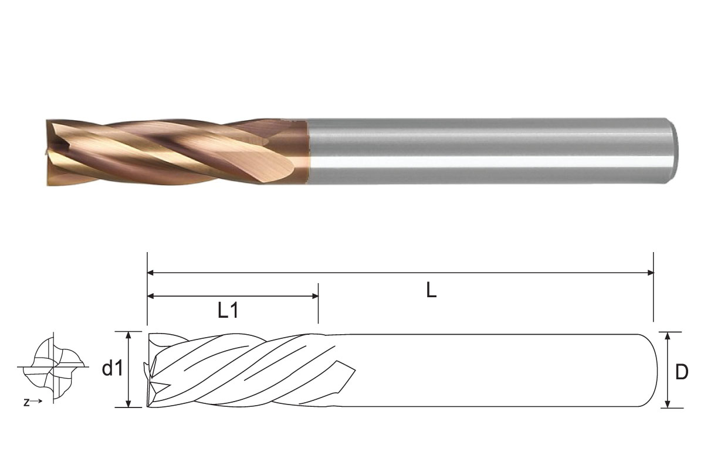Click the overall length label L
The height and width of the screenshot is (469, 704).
point(431,290)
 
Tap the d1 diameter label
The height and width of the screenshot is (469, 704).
point(113,369)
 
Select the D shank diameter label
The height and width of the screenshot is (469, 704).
point(682,372)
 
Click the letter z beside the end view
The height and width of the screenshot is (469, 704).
point(26,402)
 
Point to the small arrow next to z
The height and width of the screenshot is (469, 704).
point(36,401)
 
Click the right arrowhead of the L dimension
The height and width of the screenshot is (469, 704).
point(650,273)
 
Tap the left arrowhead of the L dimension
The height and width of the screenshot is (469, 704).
point(151,273)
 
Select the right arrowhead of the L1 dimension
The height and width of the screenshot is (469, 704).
point(314,296)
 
